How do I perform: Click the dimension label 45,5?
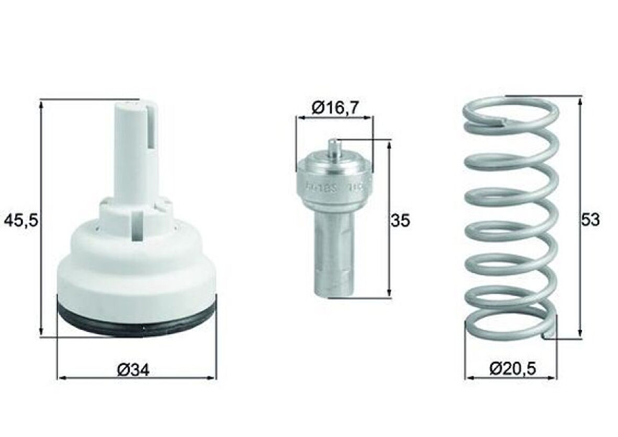pos(21,220)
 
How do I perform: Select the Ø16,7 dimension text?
pos(335,108)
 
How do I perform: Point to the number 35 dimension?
pos(401,221)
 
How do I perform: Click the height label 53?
pos(590,220)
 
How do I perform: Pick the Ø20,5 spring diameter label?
pos(513,369)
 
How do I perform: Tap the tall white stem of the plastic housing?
pos(136,152)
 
